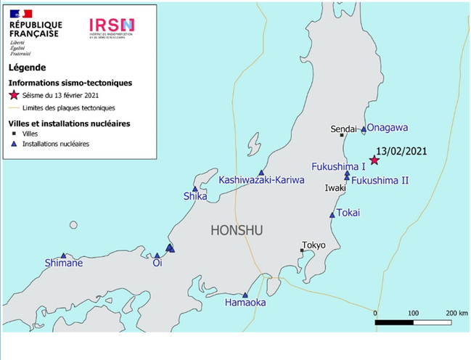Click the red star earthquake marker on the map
pos(374,160)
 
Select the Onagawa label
pos(388,127)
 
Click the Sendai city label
pos(344,128)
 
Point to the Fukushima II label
pos(380,180)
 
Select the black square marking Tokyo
pos(303,251)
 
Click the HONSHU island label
pos(236,231)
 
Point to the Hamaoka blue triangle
pos(245,295)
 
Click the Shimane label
pos(64,263)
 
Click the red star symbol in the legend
pos(13,96)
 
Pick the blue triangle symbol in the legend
pos(13,144)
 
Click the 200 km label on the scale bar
pos(456,313)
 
